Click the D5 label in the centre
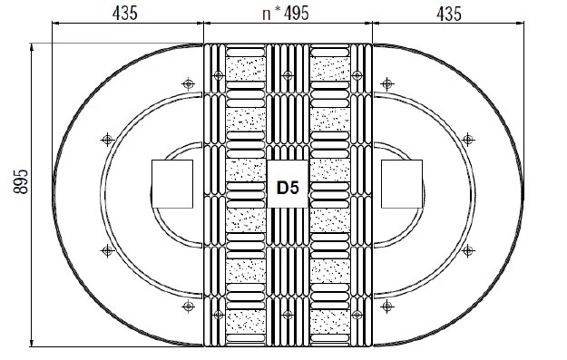pyautogui.click(x=288, y=188)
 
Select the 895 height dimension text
pyautogui.click(x=21, y=181)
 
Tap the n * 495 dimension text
pyautogui.click(x=286, y=14)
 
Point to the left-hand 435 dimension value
pyautogui.click(x=125, y=14)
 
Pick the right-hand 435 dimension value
pyautogui.click(x=449, y=15)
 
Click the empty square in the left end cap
pyautogui.click(x=172, y=184)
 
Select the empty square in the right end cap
pyautogui.click(x=402, y=184)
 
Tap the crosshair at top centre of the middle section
pyautogui.click(x=288, y=75)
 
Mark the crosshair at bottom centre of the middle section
pyautogui.click(x=288, y=315)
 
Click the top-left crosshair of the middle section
pyautogui.click(x=219, y=75)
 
